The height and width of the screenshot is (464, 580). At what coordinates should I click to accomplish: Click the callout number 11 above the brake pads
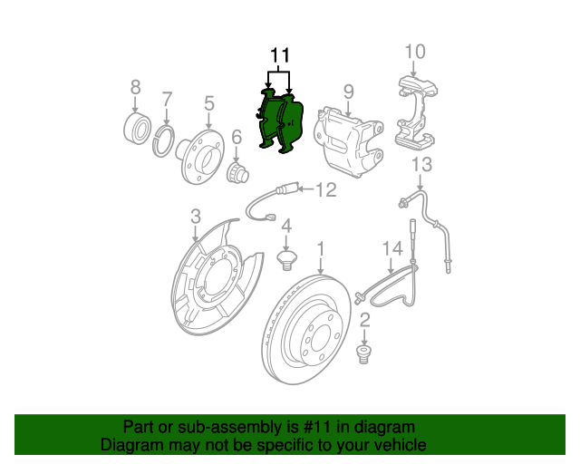click(280, 55)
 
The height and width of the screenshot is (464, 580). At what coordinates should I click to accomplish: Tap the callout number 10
click(415, 52)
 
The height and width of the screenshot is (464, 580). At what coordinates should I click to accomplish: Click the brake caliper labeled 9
click(348, 141)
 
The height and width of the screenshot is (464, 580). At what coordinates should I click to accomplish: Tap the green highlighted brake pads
click(280, 122)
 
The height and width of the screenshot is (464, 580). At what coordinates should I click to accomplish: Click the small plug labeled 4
click(286, 260)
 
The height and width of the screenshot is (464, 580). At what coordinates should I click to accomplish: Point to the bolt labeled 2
click(364, 354)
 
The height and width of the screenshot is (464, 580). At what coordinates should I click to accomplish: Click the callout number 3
click(196, 216)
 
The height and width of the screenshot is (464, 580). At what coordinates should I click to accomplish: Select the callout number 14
click(392, 248)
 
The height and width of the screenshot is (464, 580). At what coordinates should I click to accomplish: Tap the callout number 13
click(421, 165)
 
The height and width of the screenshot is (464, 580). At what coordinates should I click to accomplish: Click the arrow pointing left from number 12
click(305, 189)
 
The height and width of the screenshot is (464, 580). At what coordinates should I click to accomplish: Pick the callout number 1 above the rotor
click(321, 248)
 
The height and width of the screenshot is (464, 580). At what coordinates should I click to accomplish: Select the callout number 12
click(326, 189)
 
